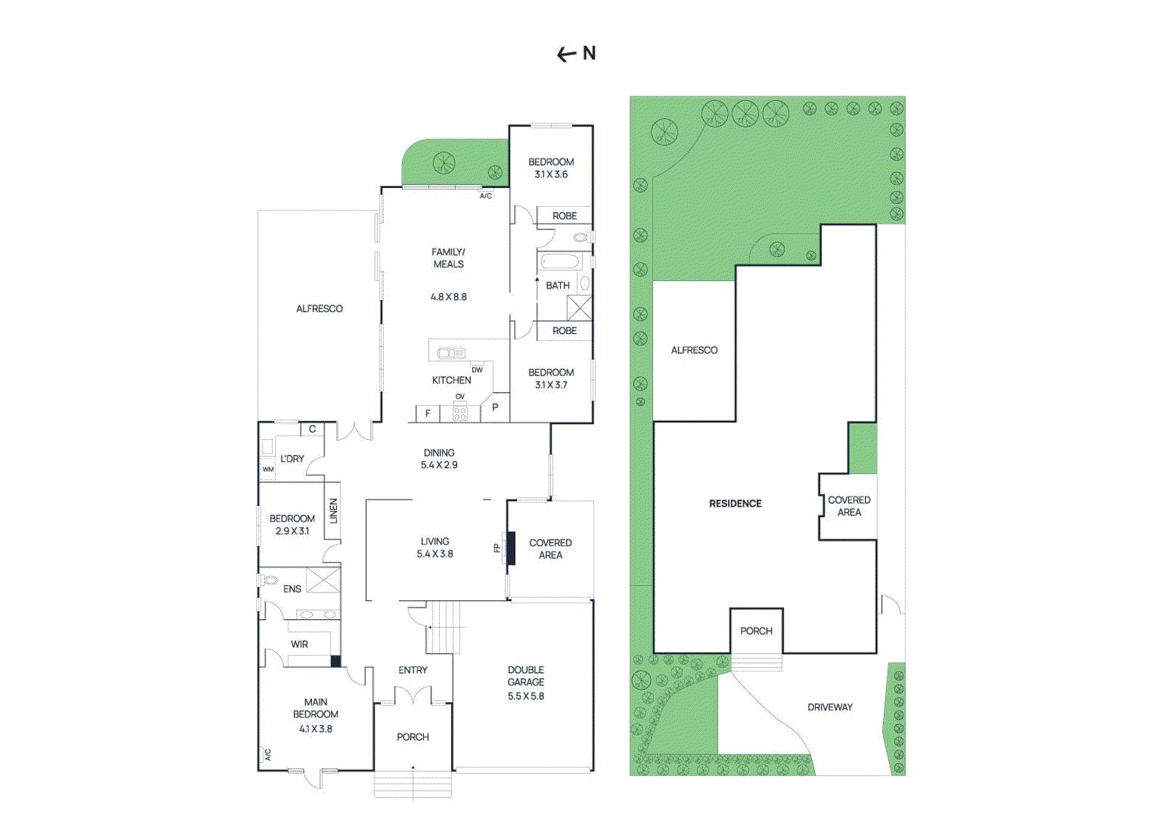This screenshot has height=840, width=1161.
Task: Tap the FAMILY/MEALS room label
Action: pos(448,258)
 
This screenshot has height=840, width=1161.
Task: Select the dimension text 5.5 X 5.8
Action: pos(526,696)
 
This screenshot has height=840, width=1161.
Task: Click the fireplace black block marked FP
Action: pos(511,548)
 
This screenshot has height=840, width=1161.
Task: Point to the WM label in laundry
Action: pos(268,470)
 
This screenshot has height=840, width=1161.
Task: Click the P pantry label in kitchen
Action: pos(495,407)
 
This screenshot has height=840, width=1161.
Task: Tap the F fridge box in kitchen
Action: pos(427,413)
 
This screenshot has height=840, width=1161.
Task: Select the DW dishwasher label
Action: pos(477,370)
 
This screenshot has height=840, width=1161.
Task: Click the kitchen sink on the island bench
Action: pos(451,354)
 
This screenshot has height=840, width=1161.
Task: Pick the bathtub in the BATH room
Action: pos(559,262)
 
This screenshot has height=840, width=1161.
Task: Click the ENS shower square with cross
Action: pos(323,580)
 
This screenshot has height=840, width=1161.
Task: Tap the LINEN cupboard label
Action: pos(333,510)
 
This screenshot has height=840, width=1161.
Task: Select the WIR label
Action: pos(300,644)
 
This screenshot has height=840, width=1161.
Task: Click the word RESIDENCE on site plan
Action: pos(735,503)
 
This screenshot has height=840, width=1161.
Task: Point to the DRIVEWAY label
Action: pos(830,707)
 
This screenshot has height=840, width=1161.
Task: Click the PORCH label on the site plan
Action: pos(756,631)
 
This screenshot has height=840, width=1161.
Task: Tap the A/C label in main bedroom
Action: pos(267,754)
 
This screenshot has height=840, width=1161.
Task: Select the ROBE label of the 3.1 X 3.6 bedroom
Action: pos(565,216)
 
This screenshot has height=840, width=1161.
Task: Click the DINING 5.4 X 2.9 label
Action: pos(439,459)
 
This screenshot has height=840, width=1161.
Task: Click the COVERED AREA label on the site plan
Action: pos(849,506)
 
